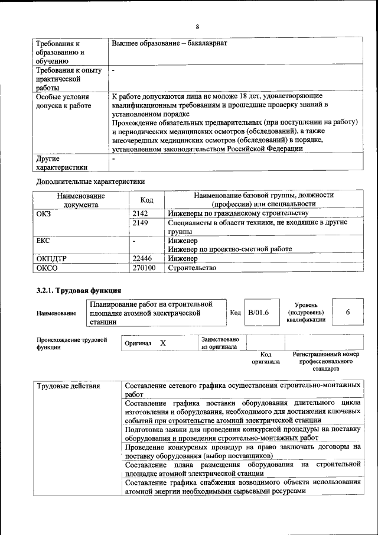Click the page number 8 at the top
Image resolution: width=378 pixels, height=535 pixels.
click(x=197, y=27)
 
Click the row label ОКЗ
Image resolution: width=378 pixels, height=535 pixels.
click(x=44, y=213)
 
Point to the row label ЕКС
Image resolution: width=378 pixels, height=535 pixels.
click(x=43, y=241)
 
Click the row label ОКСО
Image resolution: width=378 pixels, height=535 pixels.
click(x=46, y=268)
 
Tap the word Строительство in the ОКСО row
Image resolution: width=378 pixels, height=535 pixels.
click(x=192, y=268)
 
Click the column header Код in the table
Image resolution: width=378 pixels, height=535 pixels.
click(x=146, y=200)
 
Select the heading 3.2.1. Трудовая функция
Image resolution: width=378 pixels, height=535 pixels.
click(x=79, y=290)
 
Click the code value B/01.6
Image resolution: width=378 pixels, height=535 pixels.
click(x=258, y=312)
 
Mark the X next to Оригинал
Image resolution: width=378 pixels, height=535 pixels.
click(x=163, y=343)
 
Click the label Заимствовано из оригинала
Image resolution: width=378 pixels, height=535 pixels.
click(x=220, y=343)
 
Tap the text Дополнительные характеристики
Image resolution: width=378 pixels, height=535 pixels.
click(x=90, y=181)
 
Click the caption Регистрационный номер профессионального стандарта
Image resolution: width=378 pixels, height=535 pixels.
click(x=325, y=361)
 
